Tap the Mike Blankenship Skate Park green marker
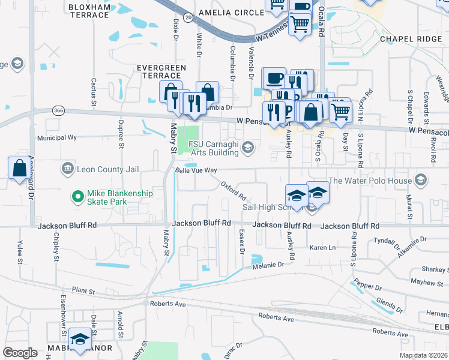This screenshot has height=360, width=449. point(77,196)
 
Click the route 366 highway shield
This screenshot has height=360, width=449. point(58,110)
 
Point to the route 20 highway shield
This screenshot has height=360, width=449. point(188,18)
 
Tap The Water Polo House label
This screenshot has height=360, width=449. point(370,180)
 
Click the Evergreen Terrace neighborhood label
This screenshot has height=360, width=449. point(159,71)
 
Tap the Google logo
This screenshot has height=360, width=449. point(20,353)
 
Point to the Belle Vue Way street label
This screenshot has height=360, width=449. point(196,170)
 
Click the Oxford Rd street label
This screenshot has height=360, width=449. point(234,191)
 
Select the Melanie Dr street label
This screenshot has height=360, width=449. point(268,265)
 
